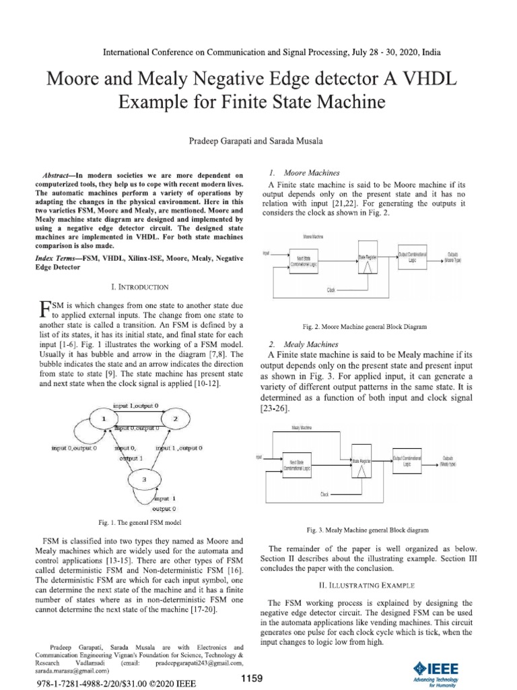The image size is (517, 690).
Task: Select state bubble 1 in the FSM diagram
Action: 104,419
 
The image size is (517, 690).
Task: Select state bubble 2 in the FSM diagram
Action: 176,419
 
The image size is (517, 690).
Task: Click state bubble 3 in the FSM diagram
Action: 143,480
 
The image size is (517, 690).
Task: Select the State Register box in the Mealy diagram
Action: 362,462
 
